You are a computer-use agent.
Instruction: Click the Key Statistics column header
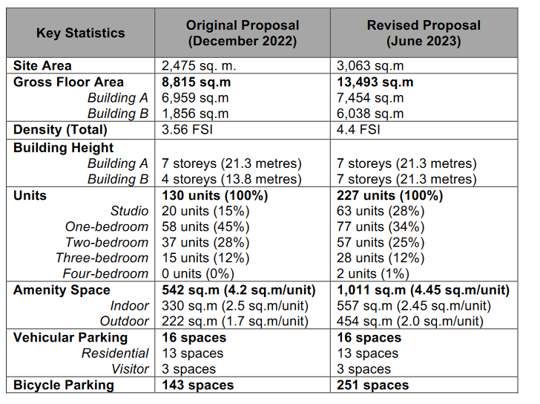(81, 33)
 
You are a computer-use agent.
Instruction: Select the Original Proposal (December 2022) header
(243, 33)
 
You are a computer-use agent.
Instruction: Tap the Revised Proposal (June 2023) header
(424, 33)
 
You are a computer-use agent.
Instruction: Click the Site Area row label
(42, 65)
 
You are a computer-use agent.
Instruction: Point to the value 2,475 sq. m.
(199, 65)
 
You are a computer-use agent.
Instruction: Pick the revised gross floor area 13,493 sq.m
(375, 82)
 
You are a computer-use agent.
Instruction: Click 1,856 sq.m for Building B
(195, 114)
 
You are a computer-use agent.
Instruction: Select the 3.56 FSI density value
(188, 130)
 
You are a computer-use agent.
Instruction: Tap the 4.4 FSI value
(358, 130)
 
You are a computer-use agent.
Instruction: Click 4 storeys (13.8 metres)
(231, 179)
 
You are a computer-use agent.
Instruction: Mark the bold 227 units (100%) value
(390, 195)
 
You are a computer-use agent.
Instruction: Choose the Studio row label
(130, 211)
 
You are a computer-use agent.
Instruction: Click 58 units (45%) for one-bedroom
(205, 227)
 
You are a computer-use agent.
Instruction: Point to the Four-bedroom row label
(105, 273)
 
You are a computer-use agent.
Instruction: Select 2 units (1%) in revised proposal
(373, 274)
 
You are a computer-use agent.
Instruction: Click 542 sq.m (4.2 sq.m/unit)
(239, 290)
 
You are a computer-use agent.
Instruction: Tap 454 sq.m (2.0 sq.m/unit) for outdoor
(410, 322)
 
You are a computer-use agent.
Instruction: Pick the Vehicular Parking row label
(70, 337)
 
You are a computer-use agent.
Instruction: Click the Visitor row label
(131, 369)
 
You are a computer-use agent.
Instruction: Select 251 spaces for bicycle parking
(372, 385)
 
